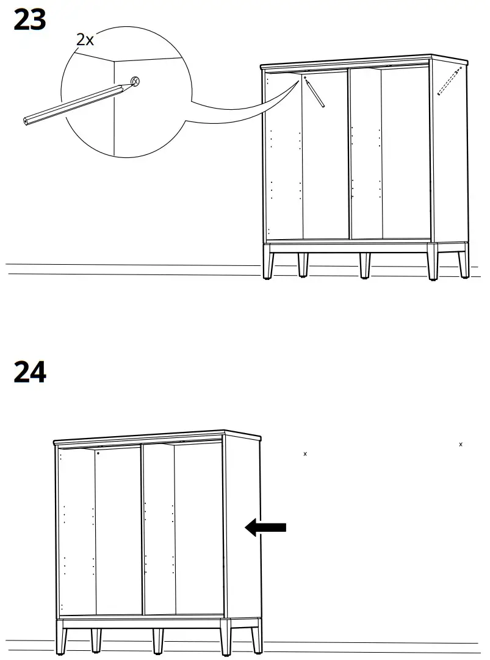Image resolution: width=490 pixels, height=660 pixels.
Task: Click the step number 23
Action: point(30,20)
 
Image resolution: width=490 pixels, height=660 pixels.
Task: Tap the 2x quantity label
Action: point(85,40)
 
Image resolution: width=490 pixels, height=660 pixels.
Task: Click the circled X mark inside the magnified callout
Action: point(136,81)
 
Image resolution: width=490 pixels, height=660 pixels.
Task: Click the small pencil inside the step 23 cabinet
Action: point(315,93)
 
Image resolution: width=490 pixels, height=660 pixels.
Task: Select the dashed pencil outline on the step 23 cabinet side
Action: point(450,82)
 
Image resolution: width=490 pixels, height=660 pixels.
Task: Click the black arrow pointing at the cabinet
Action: point(266,527)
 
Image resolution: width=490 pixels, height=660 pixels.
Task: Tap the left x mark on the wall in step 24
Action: point(305,454)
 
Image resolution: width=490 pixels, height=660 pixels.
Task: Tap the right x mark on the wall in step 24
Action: point(461,444)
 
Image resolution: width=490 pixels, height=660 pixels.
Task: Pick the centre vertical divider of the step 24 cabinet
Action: point(142,528)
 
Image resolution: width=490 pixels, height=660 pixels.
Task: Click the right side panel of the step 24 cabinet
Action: point(243,525)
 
